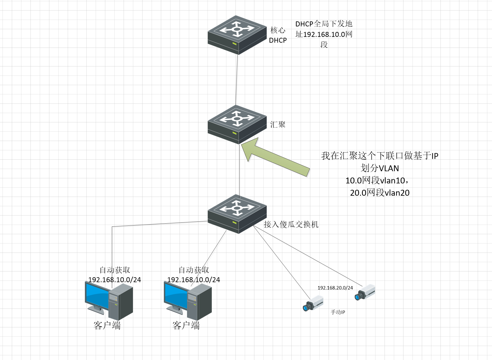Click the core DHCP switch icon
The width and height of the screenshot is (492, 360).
point(237,35)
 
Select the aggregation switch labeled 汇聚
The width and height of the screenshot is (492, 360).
point(237,124)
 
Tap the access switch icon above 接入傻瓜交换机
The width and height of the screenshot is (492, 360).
point(237,214)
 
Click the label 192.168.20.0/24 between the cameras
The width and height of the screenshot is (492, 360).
point(335,288)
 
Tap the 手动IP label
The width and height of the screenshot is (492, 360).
point(338,312)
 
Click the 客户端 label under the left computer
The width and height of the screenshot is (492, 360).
point(107,325)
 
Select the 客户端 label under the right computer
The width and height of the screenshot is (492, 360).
point(186,325)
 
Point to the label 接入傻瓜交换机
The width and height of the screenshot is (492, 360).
point(291,224)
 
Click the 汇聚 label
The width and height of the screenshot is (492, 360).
point(278,125)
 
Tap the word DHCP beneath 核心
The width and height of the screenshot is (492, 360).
point(278,40)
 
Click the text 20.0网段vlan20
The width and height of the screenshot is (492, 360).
point(380,193)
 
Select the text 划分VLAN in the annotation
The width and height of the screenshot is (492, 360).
point(380,168)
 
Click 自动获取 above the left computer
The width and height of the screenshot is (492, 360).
point(115,270)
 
